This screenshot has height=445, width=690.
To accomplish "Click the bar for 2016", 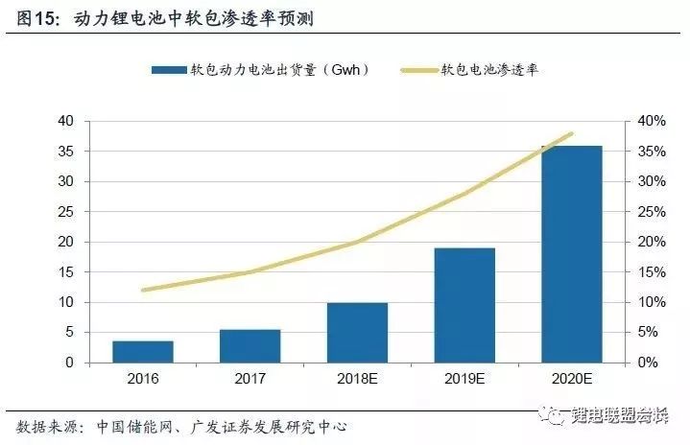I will [143, 352].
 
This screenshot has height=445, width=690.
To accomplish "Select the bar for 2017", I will [250, 346].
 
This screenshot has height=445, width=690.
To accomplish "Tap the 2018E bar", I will [358, 333].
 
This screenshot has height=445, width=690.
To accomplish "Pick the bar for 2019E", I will [465, 305].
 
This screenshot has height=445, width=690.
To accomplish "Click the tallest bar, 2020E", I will [573, 254].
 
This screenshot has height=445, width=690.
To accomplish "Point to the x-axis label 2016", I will [143, 378].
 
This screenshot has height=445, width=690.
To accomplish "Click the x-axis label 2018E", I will [358, 378].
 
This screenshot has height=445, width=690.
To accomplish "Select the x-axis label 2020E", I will [573, 378].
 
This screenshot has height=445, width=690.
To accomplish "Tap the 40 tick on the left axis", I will [65, 121].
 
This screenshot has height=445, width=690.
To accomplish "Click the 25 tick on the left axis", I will [65, 212].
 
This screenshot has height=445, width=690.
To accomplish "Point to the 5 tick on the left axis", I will [69, 333].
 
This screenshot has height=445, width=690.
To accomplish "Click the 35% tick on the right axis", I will [653, 152].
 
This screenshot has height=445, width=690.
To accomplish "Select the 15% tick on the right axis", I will [653, 272].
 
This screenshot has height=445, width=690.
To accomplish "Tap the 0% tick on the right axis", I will [649, 363].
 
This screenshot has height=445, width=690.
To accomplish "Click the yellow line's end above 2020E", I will [572, 133].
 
